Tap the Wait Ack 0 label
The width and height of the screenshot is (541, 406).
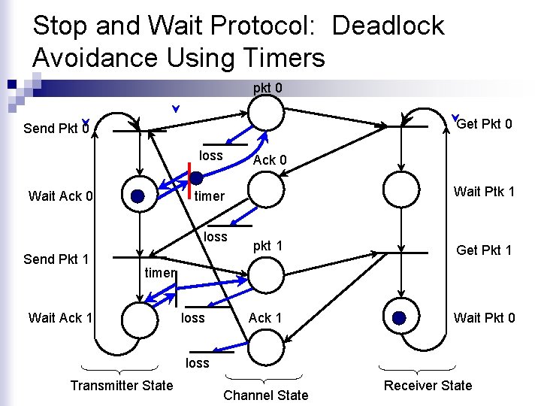[60, 197]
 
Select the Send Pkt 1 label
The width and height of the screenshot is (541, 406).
[56, 259]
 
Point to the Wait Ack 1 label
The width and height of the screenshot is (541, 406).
[60, 318]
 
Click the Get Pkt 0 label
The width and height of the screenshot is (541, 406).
[485, 123]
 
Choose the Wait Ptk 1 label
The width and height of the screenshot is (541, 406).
[484, 192]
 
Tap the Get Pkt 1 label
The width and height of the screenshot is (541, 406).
[485, 250]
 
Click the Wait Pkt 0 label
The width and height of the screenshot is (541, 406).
[484, 318]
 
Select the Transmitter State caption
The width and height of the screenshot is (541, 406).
[121, 386]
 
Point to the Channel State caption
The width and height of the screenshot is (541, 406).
[266, 395]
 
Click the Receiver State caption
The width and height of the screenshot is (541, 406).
[428, 386]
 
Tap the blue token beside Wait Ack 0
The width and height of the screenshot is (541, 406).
[138, 196]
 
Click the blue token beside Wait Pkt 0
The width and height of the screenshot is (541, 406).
[399, 318]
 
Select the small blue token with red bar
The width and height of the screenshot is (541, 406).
[196, 178]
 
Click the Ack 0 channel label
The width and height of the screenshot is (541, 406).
[269, 160]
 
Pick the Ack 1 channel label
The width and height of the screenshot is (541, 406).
[265, 318]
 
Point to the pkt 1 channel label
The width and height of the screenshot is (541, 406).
[267, 246]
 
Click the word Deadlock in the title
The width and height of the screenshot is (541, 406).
[388, 26]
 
